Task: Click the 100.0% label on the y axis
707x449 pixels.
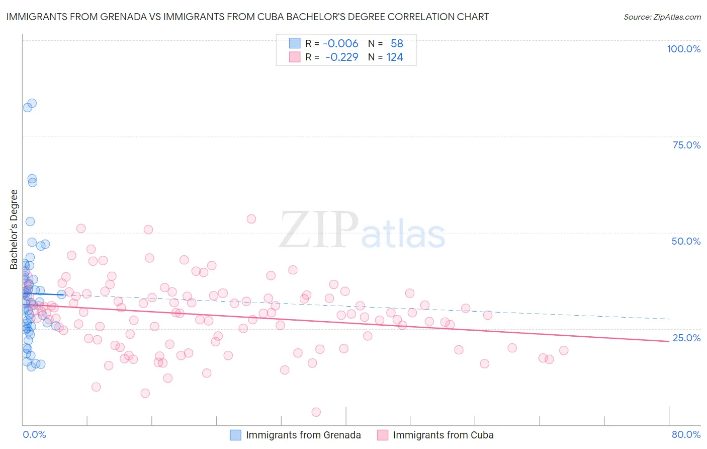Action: tap(683, 49)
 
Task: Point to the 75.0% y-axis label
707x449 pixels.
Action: tap(686, 145)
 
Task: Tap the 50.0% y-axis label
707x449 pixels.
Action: tap(686, 241)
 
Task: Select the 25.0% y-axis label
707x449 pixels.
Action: tap(686, 338)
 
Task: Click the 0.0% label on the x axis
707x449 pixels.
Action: tap(34, 434)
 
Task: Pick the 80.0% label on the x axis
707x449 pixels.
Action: tap(686, 434)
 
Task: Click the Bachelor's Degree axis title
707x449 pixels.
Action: tap(14, 230)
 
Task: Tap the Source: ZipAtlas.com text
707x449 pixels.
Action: tap(662, 17)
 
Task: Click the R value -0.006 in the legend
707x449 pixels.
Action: tap(340, 43)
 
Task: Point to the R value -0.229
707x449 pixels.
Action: tap(341, 57)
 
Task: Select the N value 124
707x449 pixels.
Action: tap(395, 57)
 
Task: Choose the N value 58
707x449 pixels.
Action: tap(397, 43)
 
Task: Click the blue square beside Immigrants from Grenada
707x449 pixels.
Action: tap(236, 435)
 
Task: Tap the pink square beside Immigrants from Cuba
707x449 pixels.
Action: tap(383, 435)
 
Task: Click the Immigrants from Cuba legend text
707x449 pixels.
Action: tap(443, 435)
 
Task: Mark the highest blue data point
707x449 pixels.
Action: tap(32, 103)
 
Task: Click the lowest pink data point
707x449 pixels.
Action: tap(316, 412)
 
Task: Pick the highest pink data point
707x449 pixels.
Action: tap(251, 219)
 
